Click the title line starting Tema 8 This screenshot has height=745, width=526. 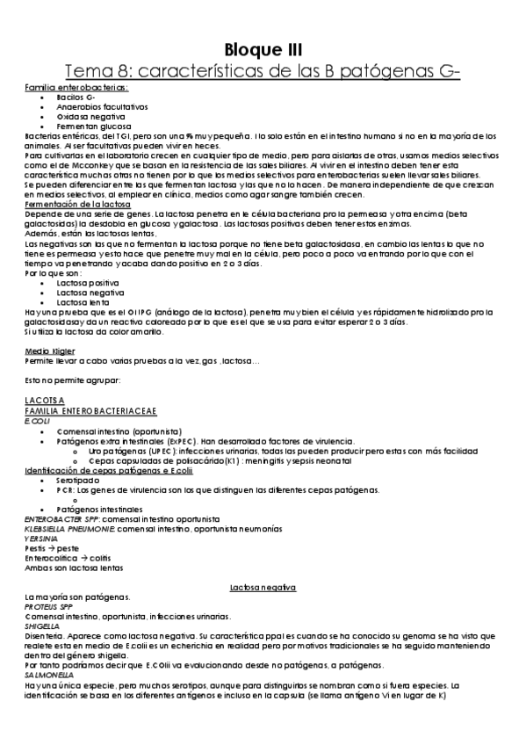(x=263, y=70)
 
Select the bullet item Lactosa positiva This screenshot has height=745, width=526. (x=89, y=282)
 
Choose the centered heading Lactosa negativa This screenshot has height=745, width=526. (x=263, y=585)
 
